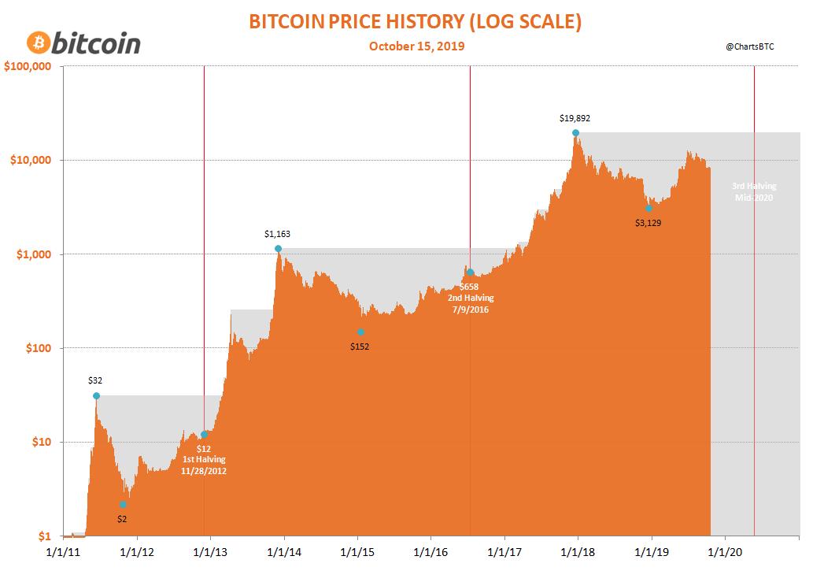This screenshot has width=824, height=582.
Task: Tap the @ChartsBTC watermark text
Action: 750,47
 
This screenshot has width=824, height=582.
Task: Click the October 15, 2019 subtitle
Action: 416,46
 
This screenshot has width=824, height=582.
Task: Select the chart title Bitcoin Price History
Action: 415,21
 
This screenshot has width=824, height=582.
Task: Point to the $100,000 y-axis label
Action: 28,66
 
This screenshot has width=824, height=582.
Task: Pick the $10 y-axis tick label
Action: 41,442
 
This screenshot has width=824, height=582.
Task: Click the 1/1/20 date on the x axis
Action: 725,554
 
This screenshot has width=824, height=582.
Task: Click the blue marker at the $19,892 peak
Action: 575,133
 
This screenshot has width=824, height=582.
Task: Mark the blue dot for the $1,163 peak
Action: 278,249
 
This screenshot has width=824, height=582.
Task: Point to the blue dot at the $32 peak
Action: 96,396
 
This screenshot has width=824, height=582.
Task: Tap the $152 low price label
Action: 360,347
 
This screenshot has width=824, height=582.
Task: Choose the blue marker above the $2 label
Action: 123,505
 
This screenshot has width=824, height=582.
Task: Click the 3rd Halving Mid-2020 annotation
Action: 753,192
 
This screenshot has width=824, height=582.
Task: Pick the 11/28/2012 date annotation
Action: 204,470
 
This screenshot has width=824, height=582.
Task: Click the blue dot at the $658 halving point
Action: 470,272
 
